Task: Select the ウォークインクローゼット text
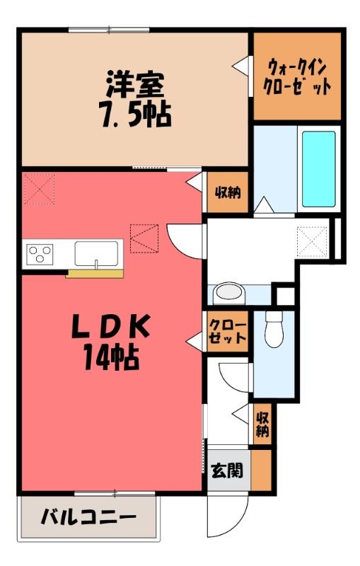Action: tap(297, 77)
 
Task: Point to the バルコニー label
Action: tap(88, 518)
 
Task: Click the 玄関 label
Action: tap(227, 470)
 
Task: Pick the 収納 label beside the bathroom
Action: tap(228, 192)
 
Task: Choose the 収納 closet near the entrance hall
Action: tap(262, 424)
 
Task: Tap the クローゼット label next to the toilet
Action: tap(227, 331)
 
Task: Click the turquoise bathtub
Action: tap(318, 169)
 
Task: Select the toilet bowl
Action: tap(274, 328)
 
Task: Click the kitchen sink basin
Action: tap(96, 254)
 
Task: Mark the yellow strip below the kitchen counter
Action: tap(95, 274)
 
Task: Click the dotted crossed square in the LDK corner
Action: tap(40, 189)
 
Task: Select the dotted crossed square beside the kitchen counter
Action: tap(144, 238)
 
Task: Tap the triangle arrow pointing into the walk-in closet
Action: tap(240, 66)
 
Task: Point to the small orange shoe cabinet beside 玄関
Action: tap(261, 470)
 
